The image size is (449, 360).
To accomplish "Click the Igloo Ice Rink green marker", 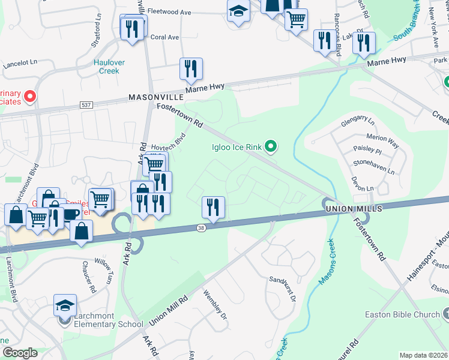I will (271, 146).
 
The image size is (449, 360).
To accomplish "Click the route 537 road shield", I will (86, 105).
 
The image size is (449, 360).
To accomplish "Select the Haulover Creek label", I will (107, 67).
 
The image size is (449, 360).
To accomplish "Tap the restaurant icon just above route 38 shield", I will (213, 208).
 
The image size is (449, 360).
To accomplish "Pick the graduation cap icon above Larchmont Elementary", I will (65, 306).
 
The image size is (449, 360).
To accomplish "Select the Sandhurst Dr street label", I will (283, 288).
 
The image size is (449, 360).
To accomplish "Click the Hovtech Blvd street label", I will (167, 143).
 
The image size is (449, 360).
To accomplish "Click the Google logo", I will (19, 353).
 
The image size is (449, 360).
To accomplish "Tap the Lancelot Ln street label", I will (20, 62).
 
